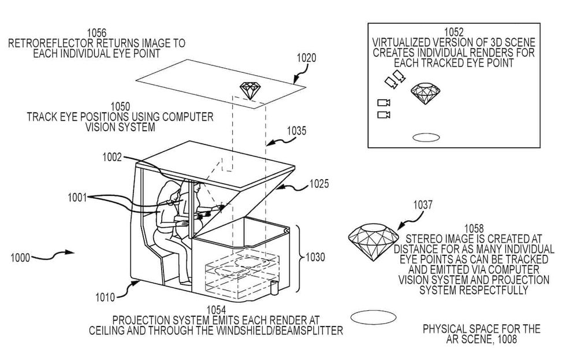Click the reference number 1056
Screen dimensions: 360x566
pos(96,32)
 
